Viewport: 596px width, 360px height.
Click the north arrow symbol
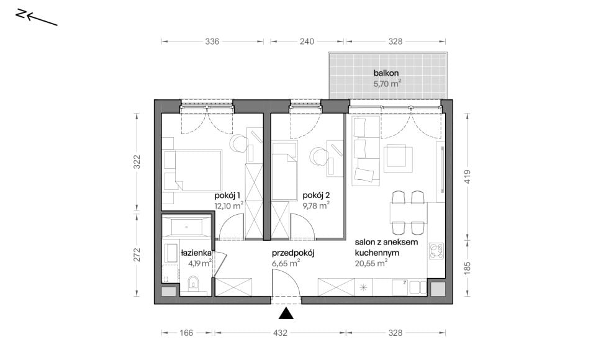click(37, 18)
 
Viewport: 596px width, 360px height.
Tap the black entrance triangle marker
click(286, 313)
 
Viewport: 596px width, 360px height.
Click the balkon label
click(386, 73)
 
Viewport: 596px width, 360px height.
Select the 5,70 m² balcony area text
click(387, 84)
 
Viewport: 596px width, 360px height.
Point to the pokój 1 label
click(227, 196)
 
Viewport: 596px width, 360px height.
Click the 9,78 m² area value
click(316, 206)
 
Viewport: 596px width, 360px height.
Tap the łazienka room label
click(196, 253)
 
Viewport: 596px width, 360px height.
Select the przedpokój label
click(293, 253)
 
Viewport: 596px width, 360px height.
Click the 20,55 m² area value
click(371, 263)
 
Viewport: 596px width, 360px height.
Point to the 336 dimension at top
click(212, 42)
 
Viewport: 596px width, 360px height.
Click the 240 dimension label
click(307, 42)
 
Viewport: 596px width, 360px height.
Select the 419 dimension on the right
click(467, 177)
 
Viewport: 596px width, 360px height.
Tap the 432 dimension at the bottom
click(280, 333)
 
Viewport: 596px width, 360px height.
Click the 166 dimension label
click(186, 333)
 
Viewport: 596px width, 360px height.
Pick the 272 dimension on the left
click(137, 254)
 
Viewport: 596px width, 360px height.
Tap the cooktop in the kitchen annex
click(436, 251)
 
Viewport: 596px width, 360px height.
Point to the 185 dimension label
click(467, 268)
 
